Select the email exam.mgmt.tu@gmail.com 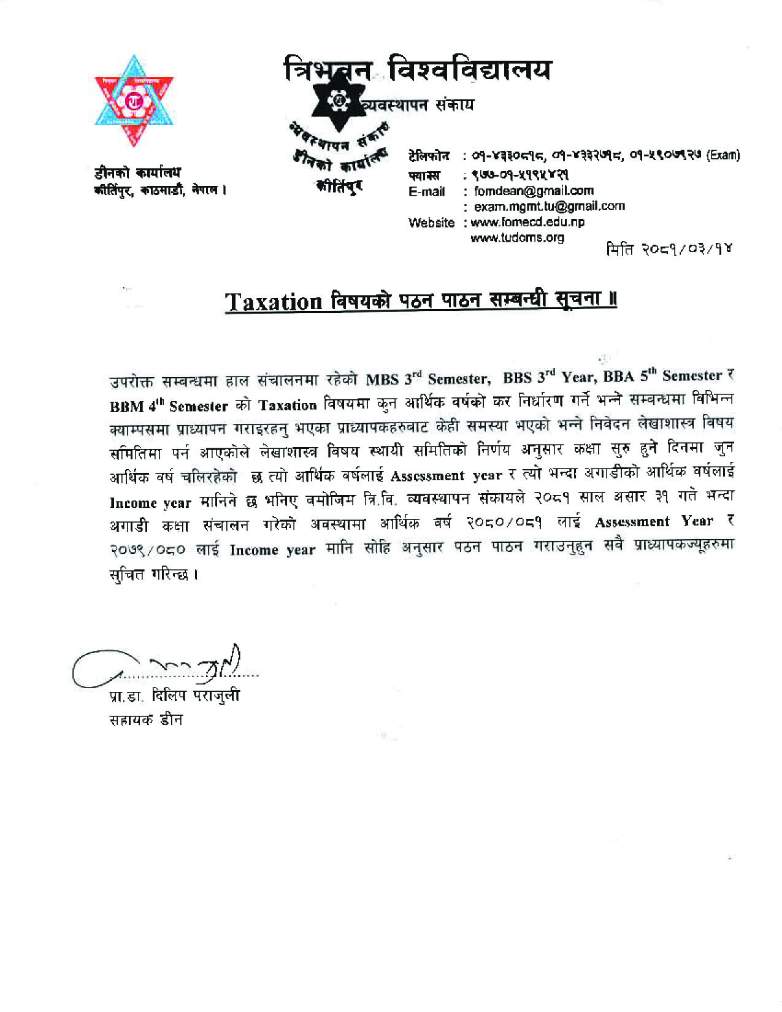point(549,206)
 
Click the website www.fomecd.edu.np point(527,222)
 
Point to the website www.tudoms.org point(517,237)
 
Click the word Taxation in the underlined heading point(274,302)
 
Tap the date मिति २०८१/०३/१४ point(669,250)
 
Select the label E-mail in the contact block point(427,191)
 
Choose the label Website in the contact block point(432,223)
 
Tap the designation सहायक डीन point(145,719)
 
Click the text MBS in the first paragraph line point(382,379)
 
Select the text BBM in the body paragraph point(126,407)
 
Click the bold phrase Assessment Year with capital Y point(654,522)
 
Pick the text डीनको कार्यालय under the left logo point(137,174)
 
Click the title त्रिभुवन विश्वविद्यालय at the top point(417,69)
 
